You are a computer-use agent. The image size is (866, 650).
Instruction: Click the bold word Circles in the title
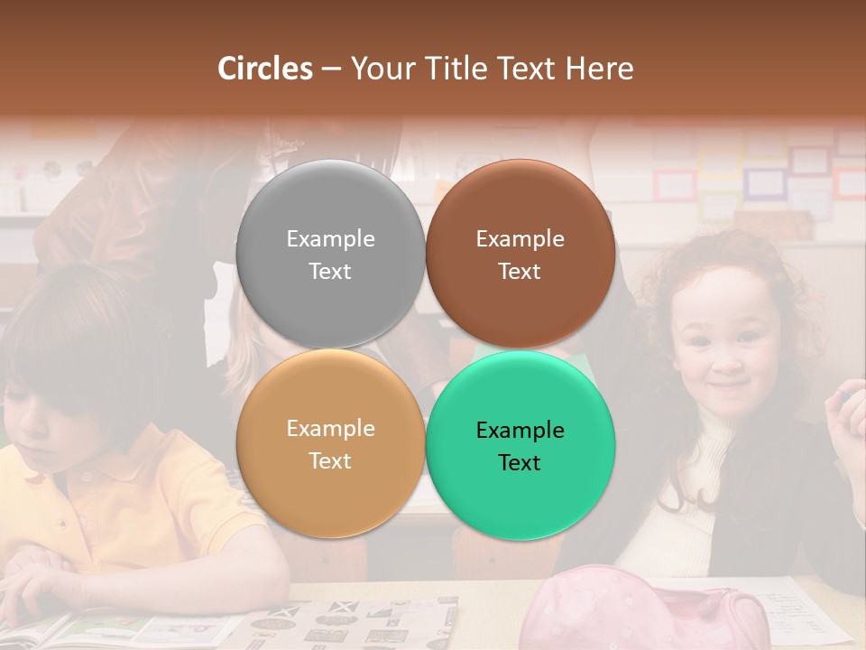(x=264, y=69)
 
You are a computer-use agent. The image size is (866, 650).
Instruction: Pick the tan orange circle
(x=330, y=487)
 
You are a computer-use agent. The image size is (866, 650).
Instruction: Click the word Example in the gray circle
(x=330, y=239)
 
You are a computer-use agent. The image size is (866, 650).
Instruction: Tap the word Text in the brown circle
(x=520, y=272)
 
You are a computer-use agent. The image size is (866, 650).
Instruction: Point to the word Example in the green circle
(x=520, y=431)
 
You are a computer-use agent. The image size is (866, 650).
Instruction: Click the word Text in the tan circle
(x=330, y=461)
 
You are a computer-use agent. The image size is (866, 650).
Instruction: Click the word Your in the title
(x=379, y=69)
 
